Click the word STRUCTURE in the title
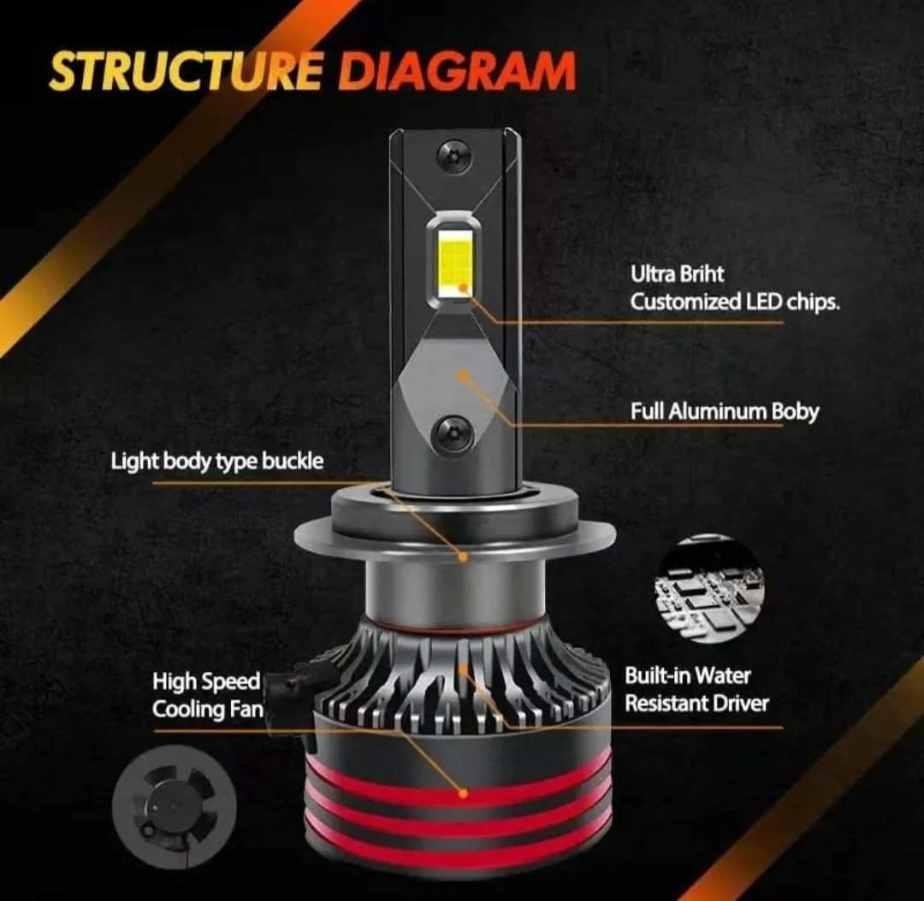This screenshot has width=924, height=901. coord(187,71)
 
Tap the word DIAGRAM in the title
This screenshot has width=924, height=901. coord(457,71)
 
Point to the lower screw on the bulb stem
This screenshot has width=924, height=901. coord(452,435)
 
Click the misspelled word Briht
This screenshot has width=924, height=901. coord(702,274)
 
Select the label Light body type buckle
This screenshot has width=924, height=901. coord(216,461)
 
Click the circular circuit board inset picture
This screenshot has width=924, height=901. coord(709,591)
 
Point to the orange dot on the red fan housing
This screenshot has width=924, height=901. coord(463,794)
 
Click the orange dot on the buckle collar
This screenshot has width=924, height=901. coord(463,556)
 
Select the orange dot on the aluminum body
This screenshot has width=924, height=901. coord(465,374)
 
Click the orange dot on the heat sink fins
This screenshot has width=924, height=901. coord(464,669)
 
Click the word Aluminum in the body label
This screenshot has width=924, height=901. coord(717,412)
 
